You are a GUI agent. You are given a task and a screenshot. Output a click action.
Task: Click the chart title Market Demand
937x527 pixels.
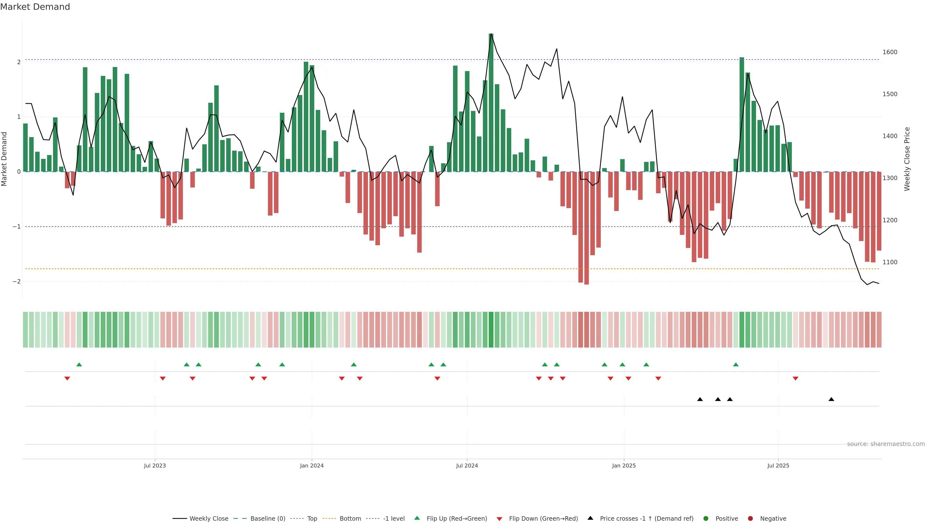click(35, 7)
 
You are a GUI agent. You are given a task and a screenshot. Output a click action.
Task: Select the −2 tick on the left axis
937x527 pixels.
click(16, 282)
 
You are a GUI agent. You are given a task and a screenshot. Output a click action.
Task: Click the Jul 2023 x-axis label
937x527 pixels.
click(155, 466)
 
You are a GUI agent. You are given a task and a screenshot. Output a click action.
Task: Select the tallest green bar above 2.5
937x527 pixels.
click(491, 102)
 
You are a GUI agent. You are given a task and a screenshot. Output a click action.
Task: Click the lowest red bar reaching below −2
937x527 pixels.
click(586, 228)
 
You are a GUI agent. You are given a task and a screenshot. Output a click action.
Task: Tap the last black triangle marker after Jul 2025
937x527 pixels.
click(831, 399)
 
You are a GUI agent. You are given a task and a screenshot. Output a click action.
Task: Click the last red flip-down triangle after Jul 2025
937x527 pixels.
click(795, 379)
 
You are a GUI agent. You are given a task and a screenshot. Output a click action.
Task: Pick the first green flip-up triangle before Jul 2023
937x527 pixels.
click(79, 365)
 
